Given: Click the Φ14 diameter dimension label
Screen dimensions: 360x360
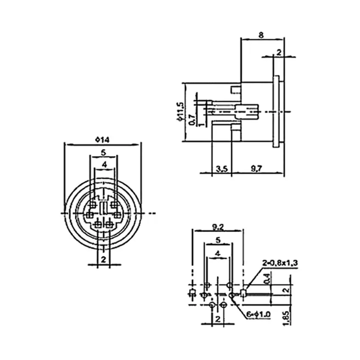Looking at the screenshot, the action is [102, 140].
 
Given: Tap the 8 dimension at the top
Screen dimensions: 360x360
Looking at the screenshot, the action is [261, 35].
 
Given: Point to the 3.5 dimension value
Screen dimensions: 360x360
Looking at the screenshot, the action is [222, 169].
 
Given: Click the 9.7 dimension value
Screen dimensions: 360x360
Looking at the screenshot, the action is [256, 169].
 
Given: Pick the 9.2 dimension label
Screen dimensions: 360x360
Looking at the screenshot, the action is [218, 227].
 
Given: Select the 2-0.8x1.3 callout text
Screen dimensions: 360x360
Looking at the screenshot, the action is [280, 263].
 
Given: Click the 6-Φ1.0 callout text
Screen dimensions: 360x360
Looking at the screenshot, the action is [259, 314].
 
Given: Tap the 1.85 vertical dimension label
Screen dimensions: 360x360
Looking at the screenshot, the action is [286, 318].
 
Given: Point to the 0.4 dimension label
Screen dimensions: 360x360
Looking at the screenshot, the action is [266, 279].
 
